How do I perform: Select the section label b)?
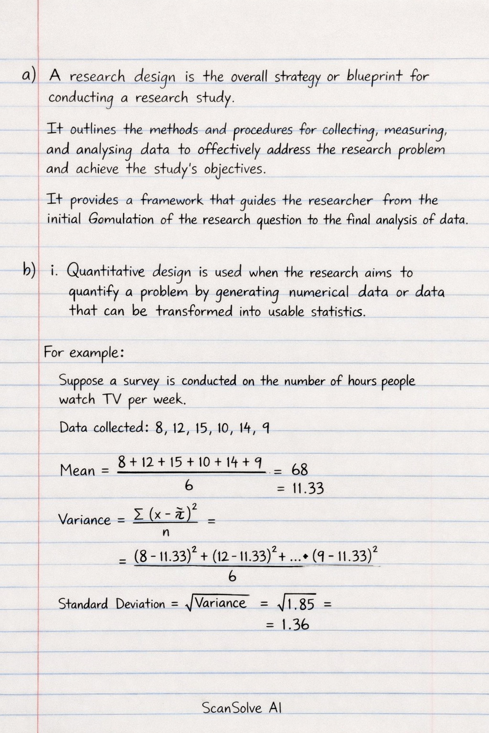pyautogui.click(x=29, y=271)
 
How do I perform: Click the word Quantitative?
pyautogui.click(x=105, y=272)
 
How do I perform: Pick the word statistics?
pyautogui.click(x=338, y=312)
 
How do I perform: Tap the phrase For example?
pyautogui.click(x=84, y=353)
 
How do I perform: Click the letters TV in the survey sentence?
pyautogui.click(x=112, y=399)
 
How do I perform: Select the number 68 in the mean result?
pyautogui.click(x=299, y=470)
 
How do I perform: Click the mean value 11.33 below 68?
pyautogui.click(x=308, y=489)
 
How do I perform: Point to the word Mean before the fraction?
pyautogui.click(x=77, y=471)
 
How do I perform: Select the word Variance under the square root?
pyautogui.click(x=221, y=603)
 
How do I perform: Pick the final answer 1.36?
pyautogui.click(x=295, y=625)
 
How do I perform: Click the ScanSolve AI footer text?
pyautogui.click(x=242, y=707)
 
